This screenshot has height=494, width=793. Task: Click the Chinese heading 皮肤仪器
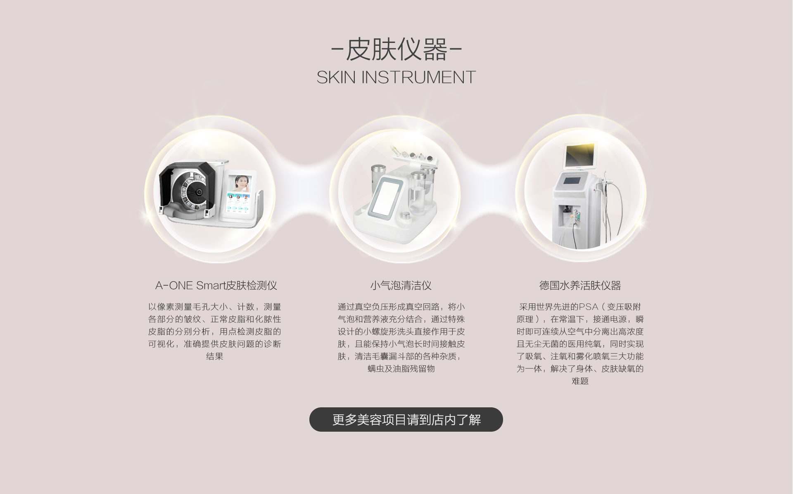point(396,50)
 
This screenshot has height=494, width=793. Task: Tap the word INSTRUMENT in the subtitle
point(419,77)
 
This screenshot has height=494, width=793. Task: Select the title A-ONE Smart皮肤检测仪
point(216,285)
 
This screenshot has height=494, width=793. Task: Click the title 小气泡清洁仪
point(401,285)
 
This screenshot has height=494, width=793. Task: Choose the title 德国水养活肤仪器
point(580,285)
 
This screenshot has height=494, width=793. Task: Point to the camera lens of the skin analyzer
point(199,192)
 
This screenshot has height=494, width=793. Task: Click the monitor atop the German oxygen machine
point(580,155)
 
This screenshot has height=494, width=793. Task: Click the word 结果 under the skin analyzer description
point(215,356)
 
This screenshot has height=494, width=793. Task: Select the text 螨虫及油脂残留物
point(401,369)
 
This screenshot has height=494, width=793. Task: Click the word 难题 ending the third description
point(580,381)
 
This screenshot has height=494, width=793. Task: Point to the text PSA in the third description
point(589,307)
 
